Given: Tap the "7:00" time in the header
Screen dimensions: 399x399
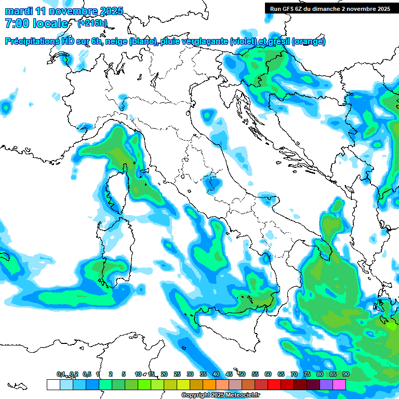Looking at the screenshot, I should (17, 23).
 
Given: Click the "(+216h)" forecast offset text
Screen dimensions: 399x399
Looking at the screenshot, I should (92, 23).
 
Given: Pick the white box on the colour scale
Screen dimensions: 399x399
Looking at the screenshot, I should (53, 385).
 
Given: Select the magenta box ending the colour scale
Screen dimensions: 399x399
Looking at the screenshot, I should (339, 385).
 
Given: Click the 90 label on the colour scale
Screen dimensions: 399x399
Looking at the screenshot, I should (345, 374).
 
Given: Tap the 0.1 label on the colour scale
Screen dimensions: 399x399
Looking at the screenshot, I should (61, 374).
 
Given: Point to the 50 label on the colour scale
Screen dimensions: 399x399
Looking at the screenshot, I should (242, 374).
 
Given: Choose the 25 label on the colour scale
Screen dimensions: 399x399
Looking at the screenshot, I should (177, 374).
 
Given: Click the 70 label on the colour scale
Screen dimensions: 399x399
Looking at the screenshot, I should (294, 374).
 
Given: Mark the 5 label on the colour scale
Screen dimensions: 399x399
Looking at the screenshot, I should (124, 374).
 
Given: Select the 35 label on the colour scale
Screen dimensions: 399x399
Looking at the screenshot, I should (203, 374).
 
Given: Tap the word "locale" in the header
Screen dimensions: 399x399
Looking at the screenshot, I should (50, 23).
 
